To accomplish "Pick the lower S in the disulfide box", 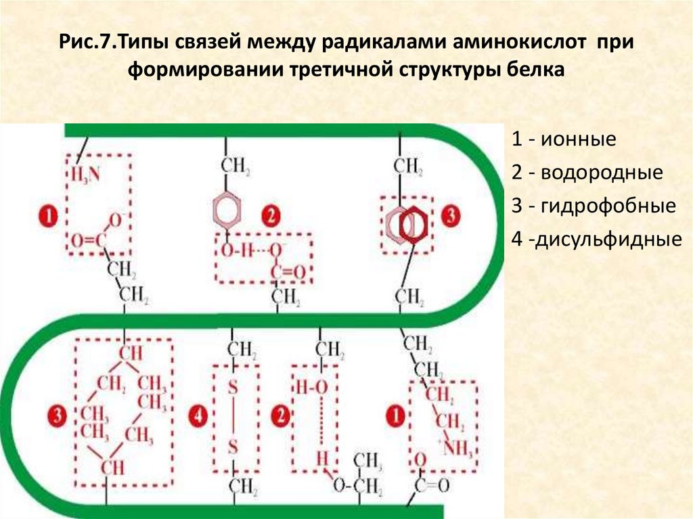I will pos(231,447).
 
